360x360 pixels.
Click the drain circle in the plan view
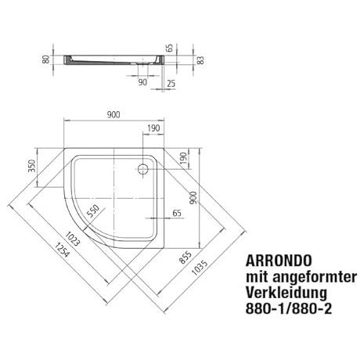tap(143, 169)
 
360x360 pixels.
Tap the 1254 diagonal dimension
tap(63, 250)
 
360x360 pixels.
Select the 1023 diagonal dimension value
tap(72, 239)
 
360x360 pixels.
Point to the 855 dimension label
tap(185, 257)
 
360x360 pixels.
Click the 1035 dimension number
tap(200, 268)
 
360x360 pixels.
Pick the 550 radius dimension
tap(93, 211)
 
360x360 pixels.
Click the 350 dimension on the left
tap(32, 166)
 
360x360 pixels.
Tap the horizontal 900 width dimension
tap(113, 115)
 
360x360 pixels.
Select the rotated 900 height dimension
tap(193, 198)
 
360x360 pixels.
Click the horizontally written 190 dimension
tap(153, 128)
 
